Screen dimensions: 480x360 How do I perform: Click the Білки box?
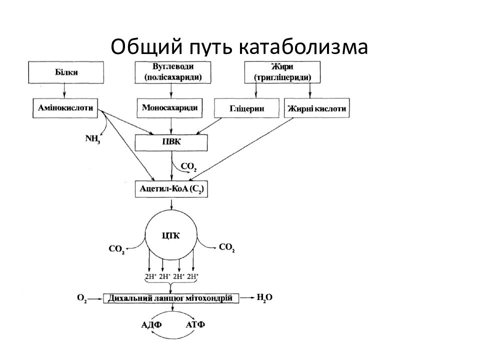click(66, 72)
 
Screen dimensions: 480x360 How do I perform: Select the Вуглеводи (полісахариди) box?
click(172, 72)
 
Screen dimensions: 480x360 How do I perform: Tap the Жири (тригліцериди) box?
click(282, 72)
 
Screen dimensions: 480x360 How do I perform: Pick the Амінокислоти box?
click(65, 108)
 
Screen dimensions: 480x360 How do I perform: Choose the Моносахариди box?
click(169, 108)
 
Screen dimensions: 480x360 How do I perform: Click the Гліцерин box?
click(246, 108)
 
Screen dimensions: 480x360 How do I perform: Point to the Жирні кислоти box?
click(317, 108)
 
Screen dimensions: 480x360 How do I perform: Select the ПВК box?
click(171, 142)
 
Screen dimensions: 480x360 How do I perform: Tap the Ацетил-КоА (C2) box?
click(171, 189)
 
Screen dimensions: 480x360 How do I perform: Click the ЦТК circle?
click(171, 236)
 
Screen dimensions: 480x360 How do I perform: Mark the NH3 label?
click(92, 139)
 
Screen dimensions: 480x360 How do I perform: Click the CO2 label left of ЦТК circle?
click(116, 249)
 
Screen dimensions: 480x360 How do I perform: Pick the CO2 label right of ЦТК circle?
click(227, 247)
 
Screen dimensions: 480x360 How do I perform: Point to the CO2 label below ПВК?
click(188, 167)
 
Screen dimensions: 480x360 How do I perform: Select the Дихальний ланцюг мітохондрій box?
click(171, 298)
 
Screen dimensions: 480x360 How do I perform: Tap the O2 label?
click(82, 298)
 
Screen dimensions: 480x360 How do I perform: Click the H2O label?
click(264, 297)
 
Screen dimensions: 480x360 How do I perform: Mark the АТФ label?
click(195, 324)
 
